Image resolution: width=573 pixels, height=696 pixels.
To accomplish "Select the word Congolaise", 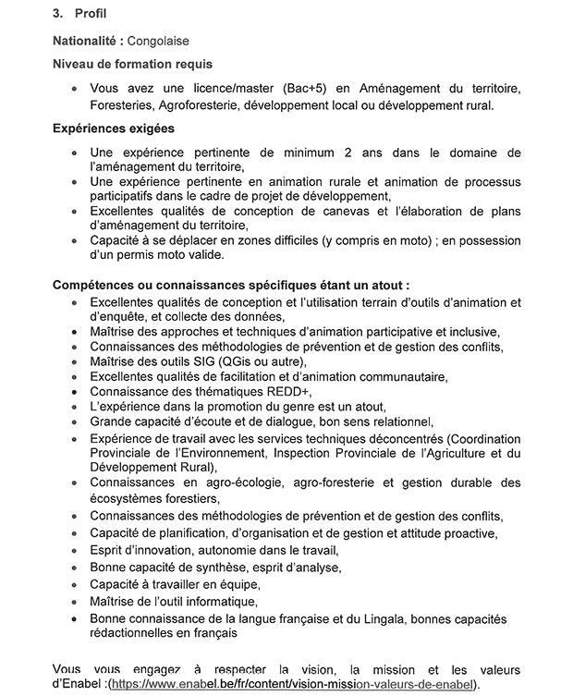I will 160,42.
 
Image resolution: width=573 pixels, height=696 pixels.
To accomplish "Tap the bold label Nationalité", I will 87,42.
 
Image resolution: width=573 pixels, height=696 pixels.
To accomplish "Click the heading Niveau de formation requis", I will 132,64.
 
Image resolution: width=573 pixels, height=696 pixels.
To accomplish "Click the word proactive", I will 469,533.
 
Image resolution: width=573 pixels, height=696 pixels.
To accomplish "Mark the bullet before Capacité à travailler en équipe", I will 73,585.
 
